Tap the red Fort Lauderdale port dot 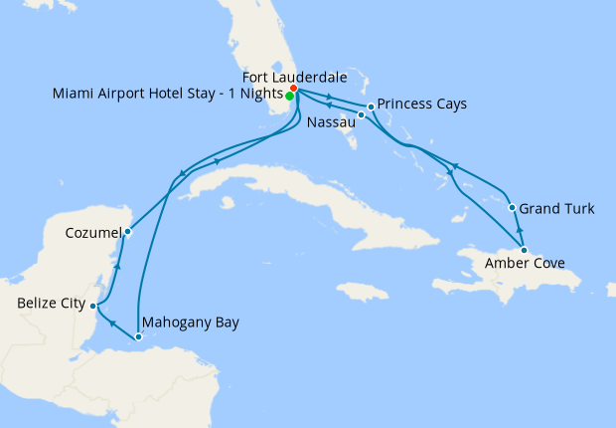[x=293, y=90]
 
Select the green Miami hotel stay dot [x=288, y=97]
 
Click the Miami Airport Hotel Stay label [x=165, y=96]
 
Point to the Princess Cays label [x=423, y=104]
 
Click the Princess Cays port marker [x=371, y=107]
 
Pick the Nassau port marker [x=362, y=115]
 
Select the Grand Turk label [x=558, y=209]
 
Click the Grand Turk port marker [x=512, y=208]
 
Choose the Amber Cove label [x=526, y=264]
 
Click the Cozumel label [x=91, y=232]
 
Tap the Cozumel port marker [x=127, y=232]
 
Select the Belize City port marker [x=92, y=306]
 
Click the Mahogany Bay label [x=191, y=322]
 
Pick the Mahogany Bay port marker [x=139, y=336]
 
